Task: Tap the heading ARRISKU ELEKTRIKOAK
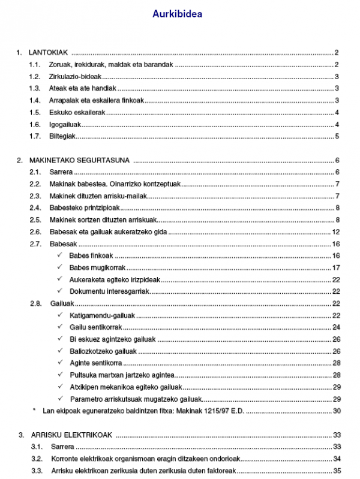71,435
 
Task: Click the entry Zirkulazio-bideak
75,76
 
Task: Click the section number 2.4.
35,207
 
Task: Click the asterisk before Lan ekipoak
34,411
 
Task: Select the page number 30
337,411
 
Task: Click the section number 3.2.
36,459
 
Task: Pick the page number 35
337,471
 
